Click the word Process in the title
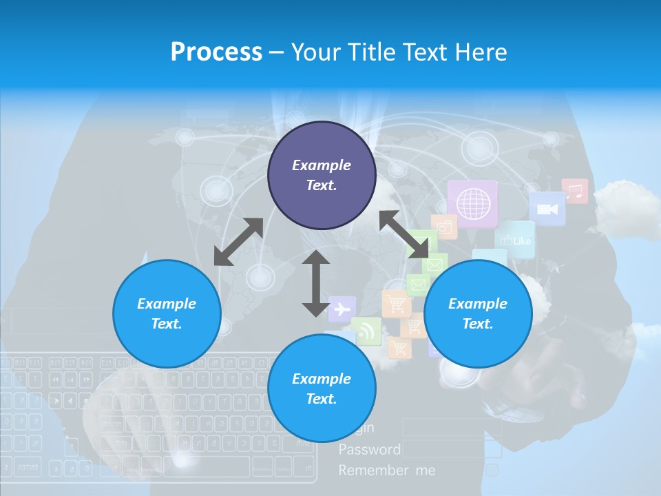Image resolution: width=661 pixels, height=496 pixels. (216, 52)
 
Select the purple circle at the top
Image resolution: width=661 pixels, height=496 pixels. (322, 176)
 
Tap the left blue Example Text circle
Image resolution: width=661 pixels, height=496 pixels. (167, 313)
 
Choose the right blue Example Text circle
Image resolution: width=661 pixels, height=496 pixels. (478, 313)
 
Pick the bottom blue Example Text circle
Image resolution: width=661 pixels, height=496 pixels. (322, 389)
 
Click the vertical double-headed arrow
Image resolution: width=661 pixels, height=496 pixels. (316, 283)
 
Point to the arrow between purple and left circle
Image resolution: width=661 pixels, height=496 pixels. (238, 242)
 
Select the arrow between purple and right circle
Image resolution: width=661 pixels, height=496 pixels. (403, 234)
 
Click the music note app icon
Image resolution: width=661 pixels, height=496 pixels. (574, 191)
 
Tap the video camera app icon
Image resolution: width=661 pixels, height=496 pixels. (547, 208)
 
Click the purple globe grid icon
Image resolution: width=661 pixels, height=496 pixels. (472, 204)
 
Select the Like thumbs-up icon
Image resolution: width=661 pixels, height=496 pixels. (515, 240)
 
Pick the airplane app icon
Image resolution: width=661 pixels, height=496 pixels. (342, 309)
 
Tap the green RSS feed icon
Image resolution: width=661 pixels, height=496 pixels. (366, 331)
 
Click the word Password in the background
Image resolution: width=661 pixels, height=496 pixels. (369, 450)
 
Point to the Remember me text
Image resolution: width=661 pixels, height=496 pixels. (387, 471)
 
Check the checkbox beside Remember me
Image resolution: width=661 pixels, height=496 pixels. (492, 470)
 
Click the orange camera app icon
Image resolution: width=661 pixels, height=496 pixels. (445, 226)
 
